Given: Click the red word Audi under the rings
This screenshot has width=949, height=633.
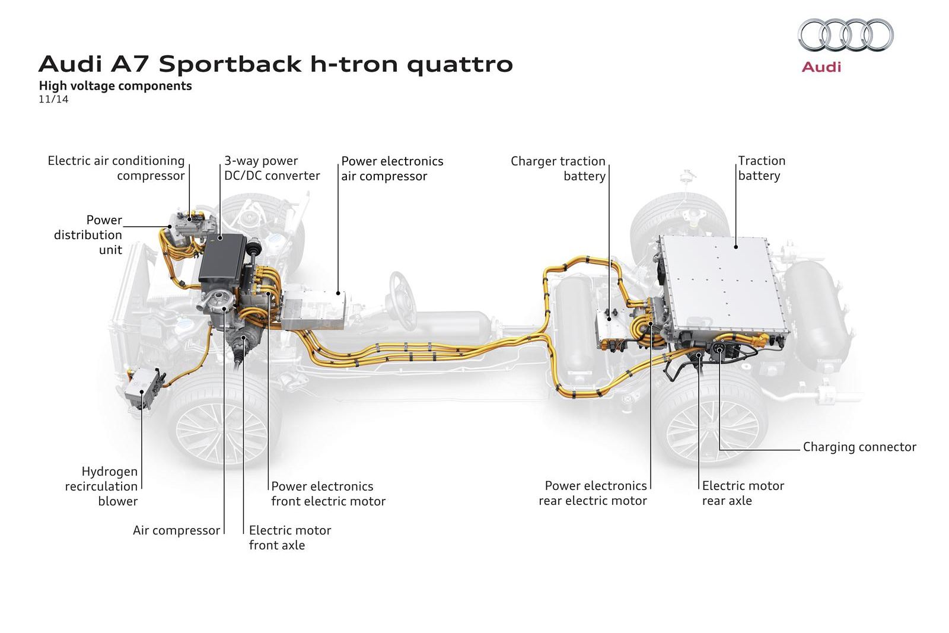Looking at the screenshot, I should coord(821,66).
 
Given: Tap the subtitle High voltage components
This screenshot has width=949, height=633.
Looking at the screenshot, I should coord(115,86).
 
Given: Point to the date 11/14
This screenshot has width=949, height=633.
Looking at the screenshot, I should coord(53,100).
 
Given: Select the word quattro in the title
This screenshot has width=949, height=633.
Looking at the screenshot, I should coord(460,64).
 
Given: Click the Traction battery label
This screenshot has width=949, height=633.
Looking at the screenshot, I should coord(761,168).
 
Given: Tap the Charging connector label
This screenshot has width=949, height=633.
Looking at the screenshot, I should coord(859,447).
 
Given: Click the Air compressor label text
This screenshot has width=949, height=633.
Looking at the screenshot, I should coord(176,530).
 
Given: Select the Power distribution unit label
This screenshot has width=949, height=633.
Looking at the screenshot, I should coord(89,235).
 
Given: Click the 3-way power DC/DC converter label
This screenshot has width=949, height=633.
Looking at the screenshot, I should coord(272,168).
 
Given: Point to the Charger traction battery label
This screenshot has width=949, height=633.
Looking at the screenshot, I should coord(558,168).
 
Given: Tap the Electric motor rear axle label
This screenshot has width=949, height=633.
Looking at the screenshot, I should coord(743,493).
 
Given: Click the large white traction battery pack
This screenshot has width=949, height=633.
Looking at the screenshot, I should coord(724,285).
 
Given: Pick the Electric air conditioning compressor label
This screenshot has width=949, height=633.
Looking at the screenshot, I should coord(116,168).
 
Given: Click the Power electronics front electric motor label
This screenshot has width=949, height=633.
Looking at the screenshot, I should coord(328,494).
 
